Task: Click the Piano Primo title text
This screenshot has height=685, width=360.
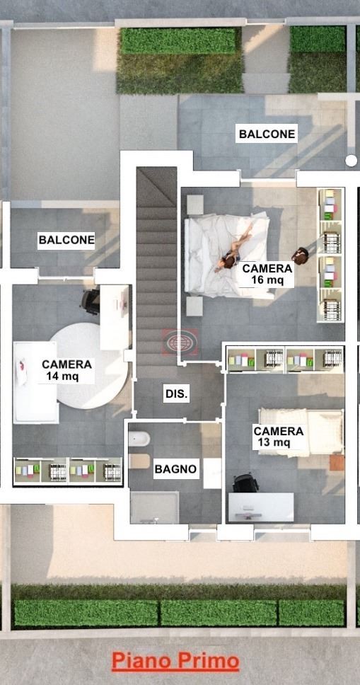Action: (175, 662)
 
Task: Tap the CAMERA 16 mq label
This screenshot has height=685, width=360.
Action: (267, 274)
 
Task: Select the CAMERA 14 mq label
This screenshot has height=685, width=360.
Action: (67, 370)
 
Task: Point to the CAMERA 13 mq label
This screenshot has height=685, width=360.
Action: (278, 437)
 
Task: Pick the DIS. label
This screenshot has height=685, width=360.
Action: (177, 394)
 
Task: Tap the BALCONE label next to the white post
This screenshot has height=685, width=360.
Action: (267, 134)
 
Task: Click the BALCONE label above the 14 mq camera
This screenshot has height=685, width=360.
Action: (66, 240)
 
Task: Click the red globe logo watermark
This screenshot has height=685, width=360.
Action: (180, 341)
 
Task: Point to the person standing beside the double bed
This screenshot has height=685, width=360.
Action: (300, 256)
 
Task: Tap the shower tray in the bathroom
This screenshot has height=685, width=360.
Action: (155, 507)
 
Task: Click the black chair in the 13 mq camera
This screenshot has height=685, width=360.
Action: (245, 483)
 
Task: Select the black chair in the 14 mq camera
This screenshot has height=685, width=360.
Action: (91, 301)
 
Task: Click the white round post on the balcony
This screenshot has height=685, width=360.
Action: (351, 161)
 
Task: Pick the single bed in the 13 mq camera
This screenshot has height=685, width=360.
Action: (301, 432)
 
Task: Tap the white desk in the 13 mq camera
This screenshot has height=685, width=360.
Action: (261, 507)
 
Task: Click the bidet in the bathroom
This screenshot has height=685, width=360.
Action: (139, 438)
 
